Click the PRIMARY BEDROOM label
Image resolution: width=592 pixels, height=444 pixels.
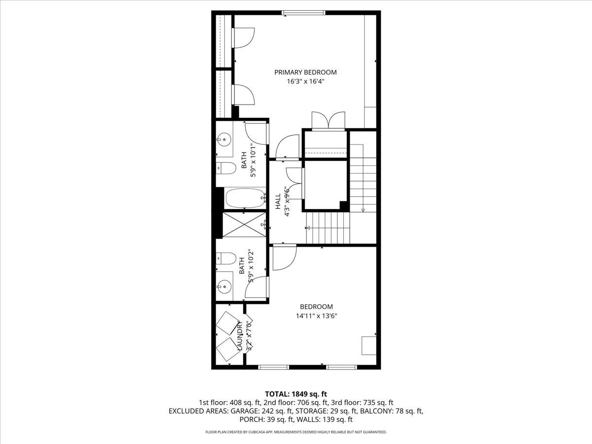(305, 73)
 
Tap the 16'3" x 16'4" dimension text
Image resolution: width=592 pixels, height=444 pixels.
(305, 82)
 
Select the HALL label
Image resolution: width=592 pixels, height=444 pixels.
(278, 199)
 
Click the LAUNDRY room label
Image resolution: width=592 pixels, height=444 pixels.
(239, 336)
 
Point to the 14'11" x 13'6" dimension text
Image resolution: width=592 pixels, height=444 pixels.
(316, 316)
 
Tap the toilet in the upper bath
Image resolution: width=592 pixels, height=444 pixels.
(226, 168)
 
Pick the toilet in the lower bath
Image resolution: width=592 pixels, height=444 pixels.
(226, 259)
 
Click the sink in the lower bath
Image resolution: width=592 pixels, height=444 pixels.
(225, 285)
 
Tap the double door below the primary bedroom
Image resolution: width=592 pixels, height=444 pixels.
(325, 121)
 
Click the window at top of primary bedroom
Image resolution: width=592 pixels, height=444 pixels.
(303, 13)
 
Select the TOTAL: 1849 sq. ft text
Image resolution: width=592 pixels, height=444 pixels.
(296, 394)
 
